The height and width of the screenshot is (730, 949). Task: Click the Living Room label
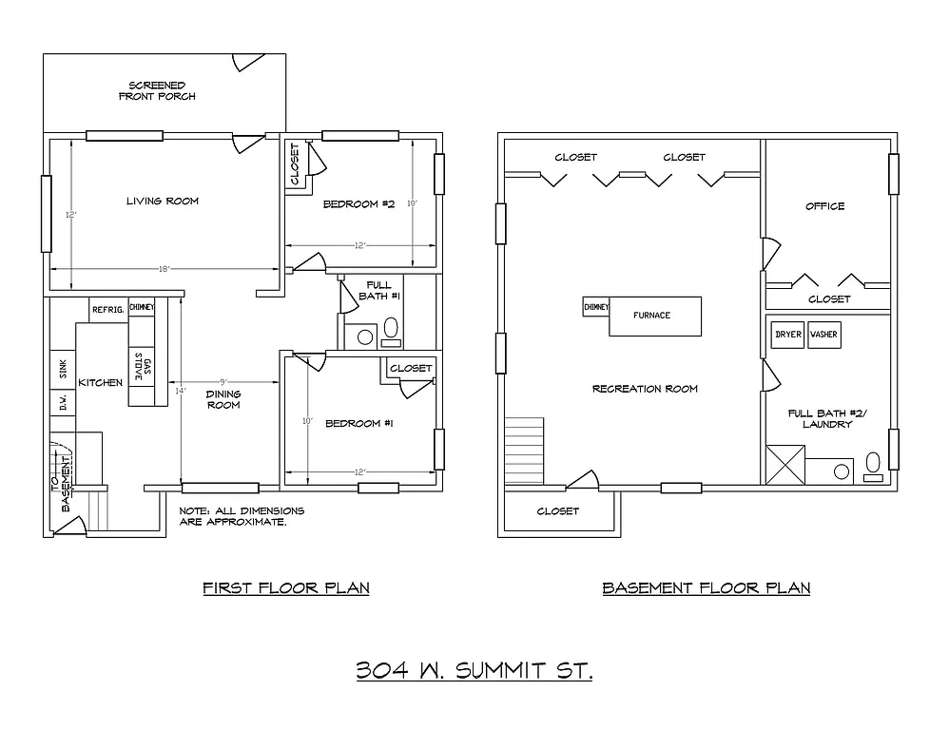coord(163,201)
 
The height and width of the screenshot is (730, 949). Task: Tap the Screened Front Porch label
coord(157,90)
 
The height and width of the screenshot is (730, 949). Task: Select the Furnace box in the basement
coord(654,316)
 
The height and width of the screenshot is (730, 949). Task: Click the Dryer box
coord(788,335)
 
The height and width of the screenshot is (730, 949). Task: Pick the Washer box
coord(823,335)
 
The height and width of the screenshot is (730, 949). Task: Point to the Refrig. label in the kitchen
coord(107,309)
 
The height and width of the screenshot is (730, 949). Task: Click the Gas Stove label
coord(145,367)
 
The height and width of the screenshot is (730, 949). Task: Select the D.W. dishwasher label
coord(62,403)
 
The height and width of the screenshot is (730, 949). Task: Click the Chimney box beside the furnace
coord(596,308)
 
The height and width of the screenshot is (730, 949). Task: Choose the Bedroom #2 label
coord(358,203)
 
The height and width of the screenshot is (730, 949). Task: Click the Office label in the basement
coord(824,206)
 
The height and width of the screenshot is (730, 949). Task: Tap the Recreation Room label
coord(645,389)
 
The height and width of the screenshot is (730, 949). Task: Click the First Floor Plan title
coord(286,587)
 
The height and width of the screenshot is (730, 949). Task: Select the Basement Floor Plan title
coord(706,587)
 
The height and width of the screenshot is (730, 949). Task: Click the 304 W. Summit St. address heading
coord(474,672)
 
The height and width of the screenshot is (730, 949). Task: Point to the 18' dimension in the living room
coord(164,270)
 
